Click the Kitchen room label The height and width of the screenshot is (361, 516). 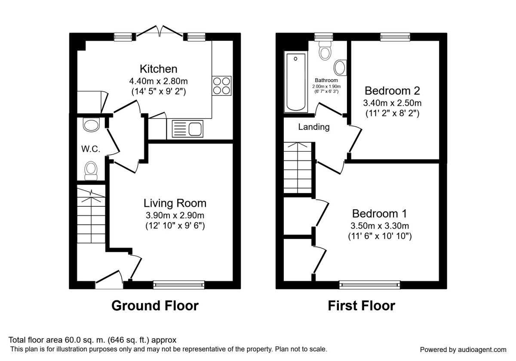(158, 69)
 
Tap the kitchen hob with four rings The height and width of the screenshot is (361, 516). (221, 85)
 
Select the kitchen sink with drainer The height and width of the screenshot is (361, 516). (187, 129)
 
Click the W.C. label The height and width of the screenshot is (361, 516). (90, 149)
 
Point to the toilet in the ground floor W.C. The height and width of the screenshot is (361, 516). (91, 170)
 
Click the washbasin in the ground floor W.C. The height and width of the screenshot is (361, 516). (91, 124)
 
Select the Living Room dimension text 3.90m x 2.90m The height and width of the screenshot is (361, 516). (175, 215)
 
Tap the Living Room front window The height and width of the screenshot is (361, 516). (179, 284)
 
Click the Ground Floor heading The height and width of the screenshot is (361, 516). (155, 306)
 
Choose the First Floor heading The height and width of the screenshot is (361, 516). (361, 306)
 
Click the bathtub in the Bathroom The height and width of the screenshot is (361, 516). (296, 82)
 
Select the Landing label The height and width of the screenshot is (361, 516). (314, 127)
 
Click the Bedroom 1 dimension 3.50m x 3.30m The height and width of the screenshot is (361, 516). (380, 226)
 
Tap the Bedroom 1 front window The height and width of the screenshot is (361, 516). (369, 284)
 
